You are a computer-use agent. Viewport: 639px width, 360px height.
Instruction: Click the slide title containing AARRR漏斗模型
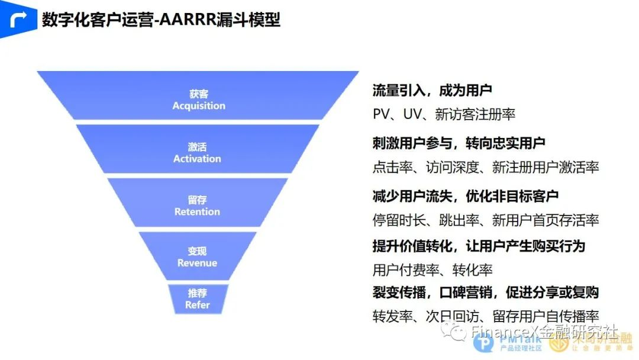click(161, 20)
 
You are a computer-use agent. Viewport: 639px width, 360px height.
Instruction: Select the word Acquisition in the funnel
click(199, 106)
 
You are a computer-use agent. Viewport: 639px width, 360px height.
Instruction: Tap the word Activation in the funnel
click(197, 159)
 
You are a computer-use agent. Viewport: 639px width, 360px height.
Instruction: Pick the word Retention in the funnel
click(197, 211)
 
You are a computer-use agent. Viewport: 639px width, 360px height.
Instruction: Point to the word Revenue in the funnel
click(197, 263)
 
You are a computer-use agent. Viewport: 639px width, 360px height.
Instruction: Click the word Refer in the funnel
click(197, 305)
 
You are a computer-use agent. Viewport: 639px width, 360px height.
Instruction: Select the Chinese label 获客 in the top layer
click(199, 94)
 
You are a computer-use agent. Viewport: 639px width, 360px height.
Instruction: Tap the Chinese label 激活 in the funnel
click(197, 147)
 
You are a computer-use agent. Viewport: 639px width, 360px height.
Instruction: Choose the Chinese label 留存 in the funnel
click(197, 200)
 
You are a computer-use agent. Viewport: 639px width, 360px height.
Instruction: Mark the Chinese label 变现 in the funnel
click(197, 251)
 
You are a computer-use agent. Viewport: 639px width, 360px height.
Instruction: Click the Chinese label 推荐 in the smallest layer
click(197, 293)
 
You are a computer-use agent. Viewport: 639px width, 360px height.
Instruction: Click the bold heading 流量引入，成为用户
click(433, 91)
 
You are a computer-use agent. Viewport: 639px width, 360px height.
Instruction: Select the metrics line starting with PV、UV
click(444, 114)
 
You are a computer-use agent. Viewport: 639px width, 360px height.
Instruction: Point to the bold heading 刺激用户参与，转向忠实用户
click(459, 143)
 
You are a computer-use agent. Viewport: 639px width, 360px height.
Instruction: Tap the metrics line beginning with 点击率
click(486, 168)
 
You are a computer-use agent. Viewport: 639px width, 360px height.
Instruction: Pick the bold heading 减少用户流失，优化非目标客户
click(466, 195)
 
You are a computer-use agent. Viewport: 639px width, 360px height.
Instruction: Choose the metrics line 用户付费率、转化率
click(433, 270)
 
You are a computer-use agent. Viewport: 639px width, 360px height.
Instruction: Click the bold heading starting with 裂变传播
click(486, 292)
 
